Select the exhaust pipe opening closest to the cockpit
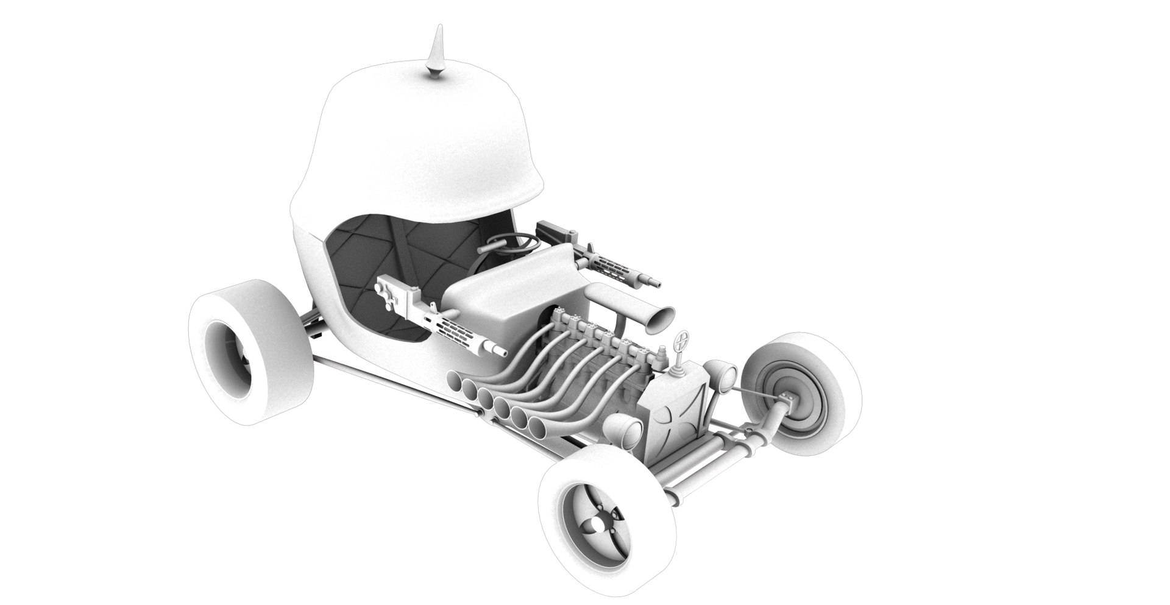click(455, 383)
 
